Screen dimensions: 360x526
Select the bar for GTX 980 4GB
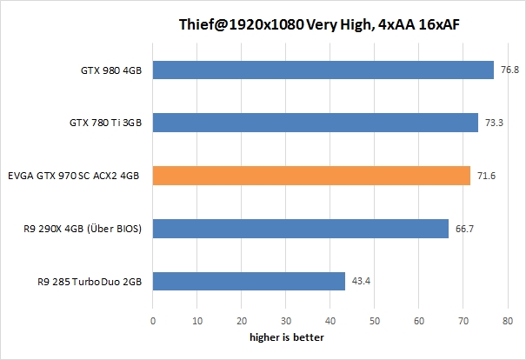tap(323, 70)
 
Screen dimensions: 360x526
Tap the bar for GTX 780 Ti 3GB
tap(316, 123)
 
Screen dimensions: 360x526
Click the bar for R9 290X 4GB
tap(301, 228)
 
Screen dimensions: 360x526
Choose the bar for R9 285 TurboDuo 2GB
tap(249, 281)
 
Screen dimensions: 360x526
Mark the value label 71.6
tap(486, 176)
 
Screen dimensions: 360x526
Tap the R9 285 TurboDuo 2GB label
tap(90, 281)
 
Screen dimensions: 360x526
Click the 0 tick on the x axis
tap(153, 322)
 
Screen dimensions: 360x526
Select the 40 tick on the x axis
tap(330, 322)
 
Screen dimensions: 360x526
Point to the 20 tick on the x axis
tap(242, 322)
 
